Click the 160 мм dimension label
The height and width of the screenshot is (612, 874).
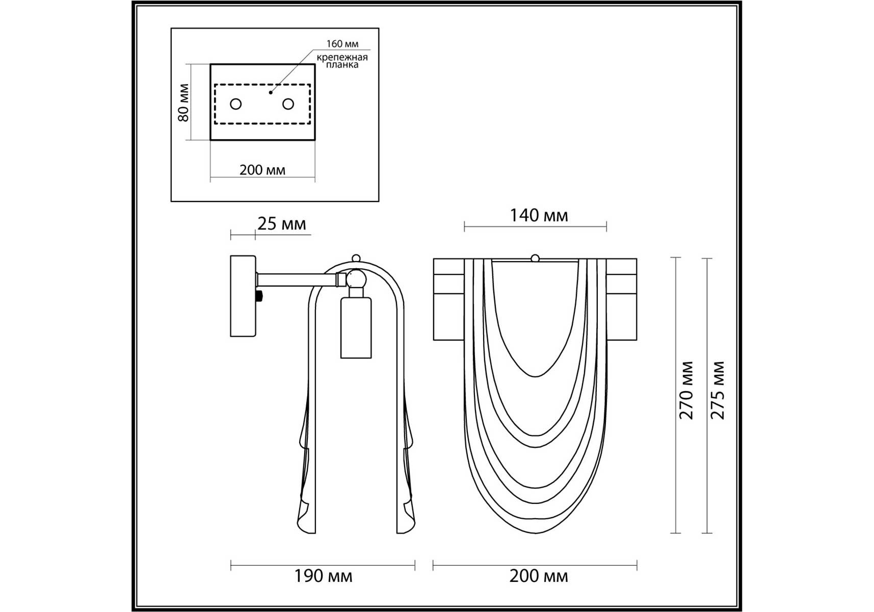tap(342, 44)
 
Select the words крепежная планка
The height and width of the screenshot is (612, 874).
tap(342, 61)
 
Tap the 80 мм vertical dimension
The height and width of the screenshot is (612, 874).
tap(183, 103)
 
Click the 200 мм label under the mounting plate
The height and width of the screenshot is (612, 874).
tap(262, 170)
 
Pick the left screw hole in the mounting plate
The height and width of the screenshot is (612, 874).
tap(235, 104)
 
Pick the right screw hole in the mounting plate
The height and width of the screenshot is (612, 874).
tap(288, 104)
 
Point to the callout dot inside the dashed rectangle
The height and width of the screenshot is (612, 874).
tap(271, 92)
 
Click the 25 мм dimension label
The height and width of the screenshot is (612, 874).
tap(281, 224)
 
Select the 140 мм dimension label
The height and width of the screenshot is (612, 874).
tap(539, 215)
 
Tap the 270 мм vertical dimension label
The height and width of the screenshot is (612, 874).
tap(686, 390)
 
